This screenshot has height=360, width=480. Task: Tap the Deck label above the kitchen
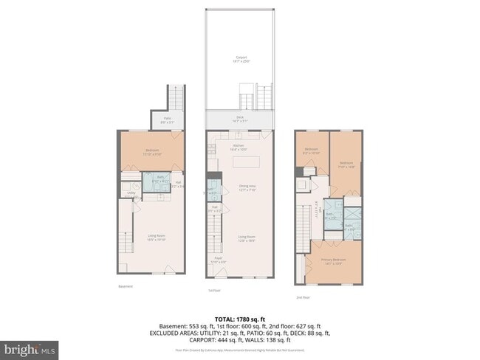coord(240,119)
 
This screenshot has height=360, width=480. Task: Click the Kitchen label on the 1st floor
coord(238,148)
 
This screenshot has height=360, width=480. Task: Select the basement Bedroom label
coord(151,152)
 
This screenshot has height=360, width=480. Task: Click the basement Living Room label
coord(155,238)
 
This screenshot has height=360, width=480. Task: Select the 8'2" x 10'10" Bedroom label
coord(311,152)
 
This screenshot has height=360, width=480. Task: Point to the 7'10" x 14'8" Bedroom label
coord(346,165)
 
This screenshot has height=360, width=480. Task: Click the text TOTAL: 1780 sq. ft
coord(240,318)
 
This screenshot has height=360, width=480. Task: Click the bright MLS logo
coord(30,347)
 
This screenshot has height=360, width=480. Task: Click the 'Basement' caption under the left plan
coord(126,286)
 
